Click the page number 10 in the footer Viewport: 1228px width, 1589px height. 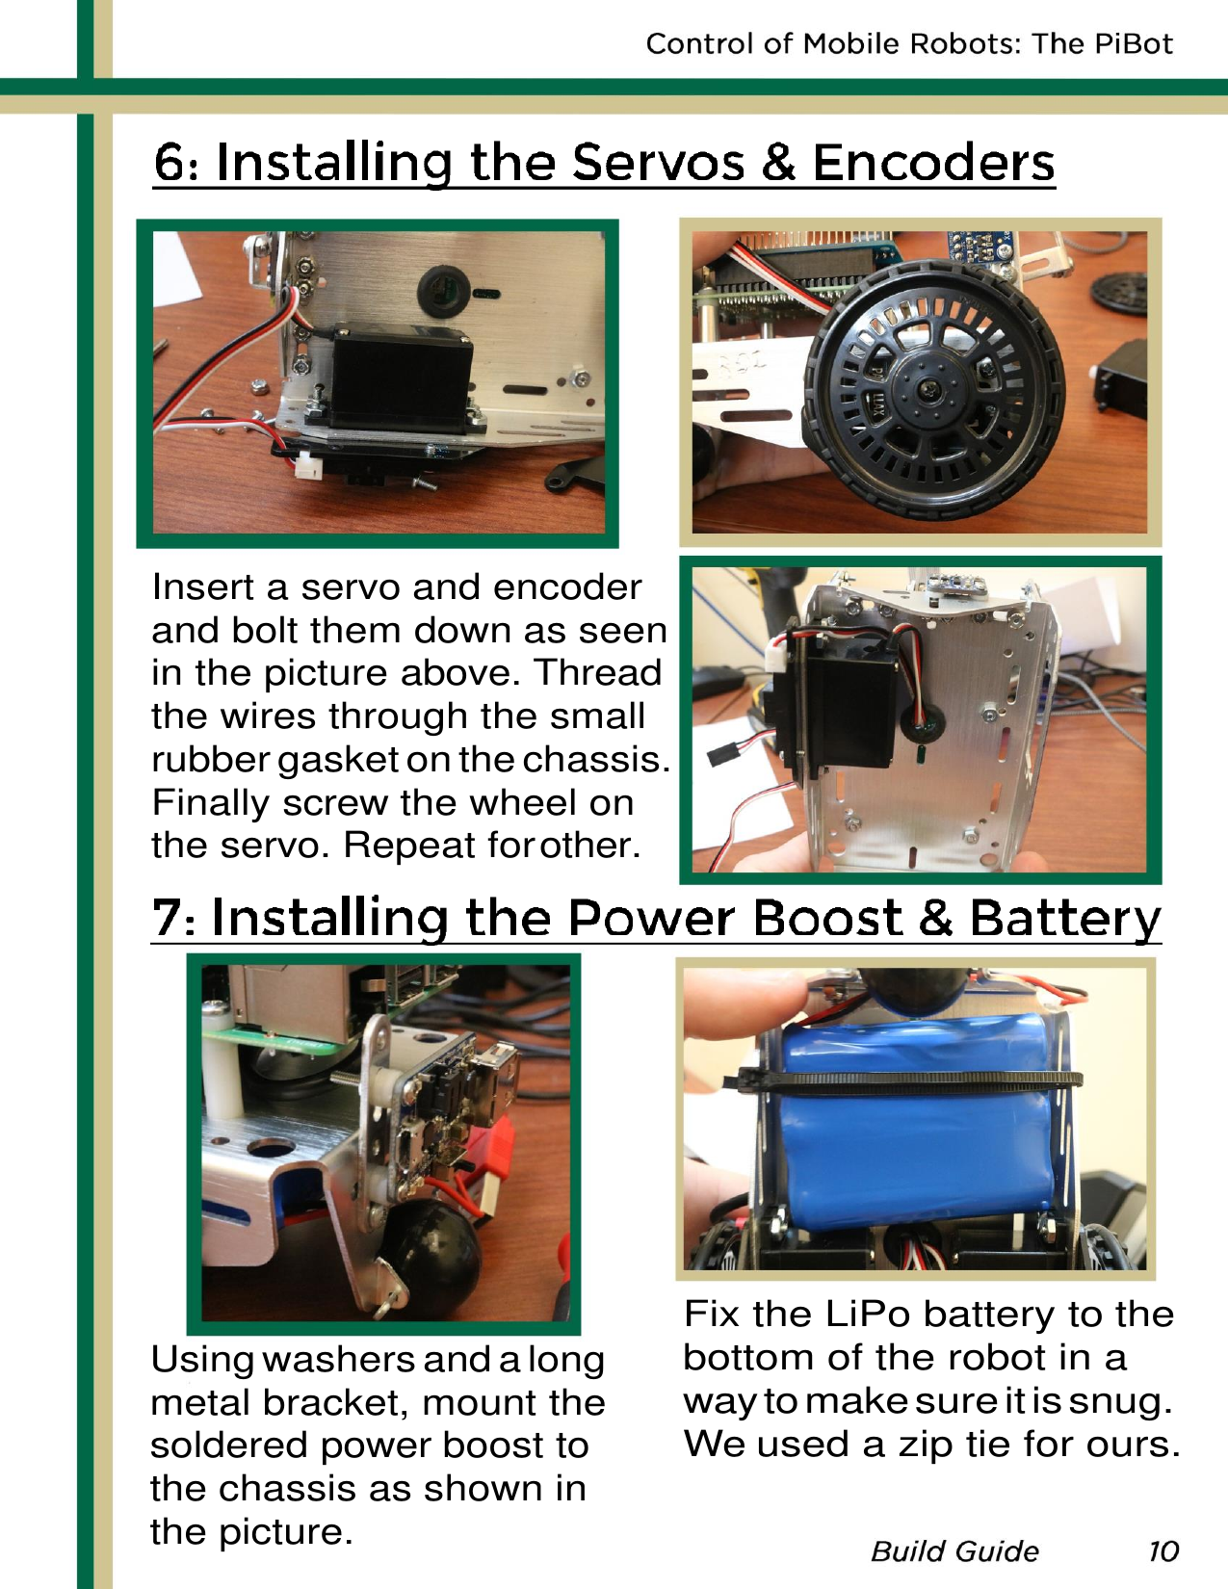click(x=1163, y=1550)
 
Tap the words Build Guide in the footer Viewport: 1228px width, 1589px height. click(x=954, y=1550)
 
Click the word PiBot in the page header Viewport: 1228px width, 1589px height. click(x=1133, y=43)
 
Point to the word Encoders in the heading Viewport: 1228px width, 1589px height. click(x=933, y=162)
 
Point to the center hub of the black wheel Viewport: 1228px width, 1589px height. click(x=930, y=390)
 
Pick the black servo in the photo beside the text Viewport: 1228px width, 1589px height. click(x=848, y=703)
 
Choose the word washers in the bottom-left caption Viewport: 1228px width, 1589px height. click(x=338, y=1359)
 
